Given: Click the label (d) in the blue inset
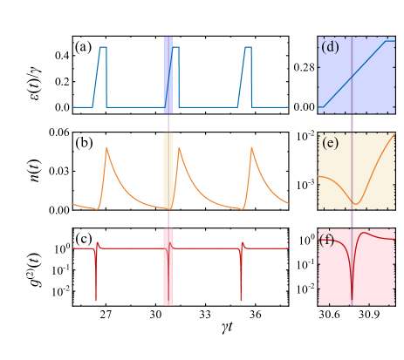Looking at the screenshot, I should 330,47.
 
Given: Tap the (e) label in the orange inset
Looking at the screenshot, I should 330,144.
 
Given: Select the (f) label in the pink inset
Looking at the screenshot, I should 326,240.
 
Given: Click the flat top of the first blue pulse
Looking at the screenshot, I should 103,47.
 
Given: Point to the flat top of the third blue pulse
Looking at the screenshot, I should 248,47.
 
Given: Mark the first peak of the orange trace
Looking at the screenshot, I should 106,148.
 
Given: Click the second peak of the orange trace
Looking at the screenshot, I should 179,148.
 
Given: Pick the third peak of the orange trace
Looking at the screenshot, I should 252,148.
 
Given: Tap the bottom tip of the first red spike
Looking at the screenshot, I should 96,300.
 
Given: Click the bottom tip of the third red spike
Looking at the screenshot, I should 242,300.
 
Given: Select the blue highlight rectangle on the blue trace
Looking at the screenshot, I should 168,75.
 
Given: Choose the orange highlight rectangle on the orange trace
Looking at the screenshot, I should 168,171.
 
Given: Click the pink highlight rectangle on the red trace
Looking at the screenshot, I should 168,267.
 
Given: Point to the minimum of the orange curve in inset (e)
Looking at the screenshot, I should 356,203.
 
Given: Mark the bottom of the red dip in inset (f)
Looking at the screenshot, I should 352,300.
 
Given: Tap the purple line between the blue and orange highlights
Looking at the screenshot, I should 168,123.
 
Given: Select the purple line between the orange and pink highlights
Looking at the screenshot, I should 168,219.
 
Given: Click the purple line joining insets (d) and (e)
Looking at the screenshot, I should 352,123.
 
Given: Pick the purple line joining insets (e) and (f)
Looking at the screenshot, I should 352,219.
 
